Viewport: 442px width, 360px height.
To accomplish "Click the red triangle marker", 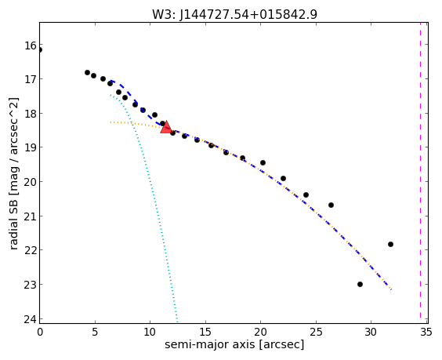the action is [x=166, y=127].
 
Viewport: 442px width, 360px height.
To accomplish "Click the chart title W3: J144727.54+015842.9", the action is [x=234, y=14].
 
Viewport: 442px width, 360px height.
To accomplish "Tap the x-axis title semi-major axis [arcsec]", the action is [x=234, y=345].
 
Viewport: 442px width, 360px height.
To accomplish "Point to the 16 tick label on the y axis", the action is [x=31, y=45].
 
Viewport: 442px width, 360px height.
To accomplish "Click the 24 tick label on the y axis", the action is [x=31, y=319].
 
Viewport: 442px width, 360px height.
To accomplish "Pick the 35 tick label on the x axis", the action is [x=426, y=333].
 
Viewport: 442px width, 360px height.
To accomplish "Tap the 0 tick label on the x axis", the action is [x=40, y=333].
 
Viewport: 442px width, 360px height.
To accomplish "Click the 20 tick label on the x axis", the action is [x=260, y=333].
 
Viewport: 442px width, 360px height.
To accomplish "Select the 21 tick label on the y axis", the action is [x=31, y=216].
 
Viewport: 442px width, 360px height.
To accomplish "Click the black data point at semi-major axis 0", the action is [x=40, y=50].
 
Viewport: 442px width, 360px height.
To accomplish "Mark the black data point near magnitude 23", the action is [x=360, y=284].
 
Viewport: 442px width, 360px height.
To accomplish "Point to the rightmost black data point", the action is [x=390, y=244].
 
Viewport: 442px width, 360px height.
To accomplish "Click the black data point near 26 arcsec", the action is [x=331, y=205].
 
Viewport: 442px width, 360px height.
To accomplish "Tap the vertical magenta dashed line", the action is [x=420, y=173].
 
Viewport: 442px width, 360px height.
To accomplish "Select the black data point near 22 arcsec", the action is [x=283, y=178].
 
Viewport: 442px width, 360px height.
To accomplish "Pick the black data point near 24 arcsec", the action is [x=306, y=195].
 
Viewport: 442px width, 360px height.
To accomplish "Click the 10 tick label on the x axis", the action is [x=150, y=333].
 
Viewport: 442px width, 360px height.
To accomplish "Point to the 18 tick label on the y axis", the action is [x=31, y=114].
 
